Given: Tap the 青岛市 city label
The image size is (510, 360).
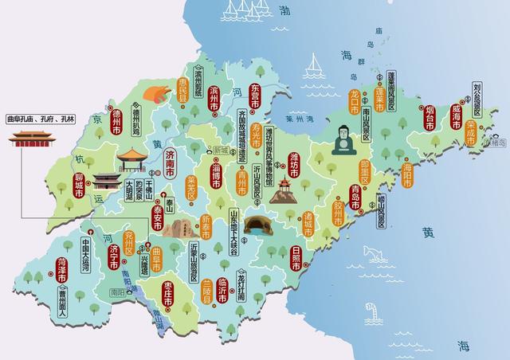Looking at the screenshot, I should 355,196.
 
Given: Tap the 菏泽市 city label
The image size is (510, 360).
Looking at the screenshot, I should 62,271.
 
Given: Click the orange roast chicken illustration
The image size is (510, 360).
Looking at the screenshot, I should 155,92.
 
